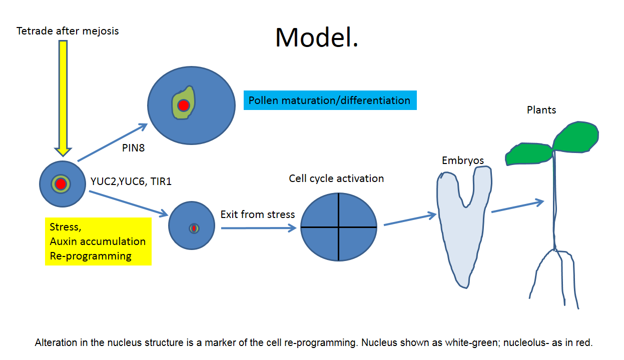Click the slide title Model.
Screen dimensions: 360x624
317,37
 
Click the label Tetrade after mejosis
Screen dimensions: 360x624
68,31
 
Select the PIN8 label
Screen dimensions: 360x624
133,148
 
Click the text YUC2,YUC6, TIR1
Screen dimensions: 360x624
131,181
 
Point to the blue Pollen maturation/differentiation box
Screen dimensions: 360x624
330,100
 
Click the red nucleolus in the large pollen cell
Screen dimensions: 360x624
184,105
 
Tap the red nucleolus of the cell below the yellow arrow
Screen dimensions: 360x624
61,184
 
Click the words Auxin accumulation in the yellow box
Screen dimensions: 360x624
98,241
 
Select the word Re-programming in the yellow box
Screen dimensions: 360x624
91,256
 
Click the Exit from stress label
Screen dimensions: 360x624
258,214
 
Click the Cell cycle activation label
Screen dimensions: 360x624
336,178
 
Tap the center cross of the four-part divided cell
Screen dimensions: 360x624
339,227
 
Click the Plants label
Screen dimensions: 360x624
541,110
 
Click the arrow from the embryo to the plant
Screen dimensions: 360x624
517,206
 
